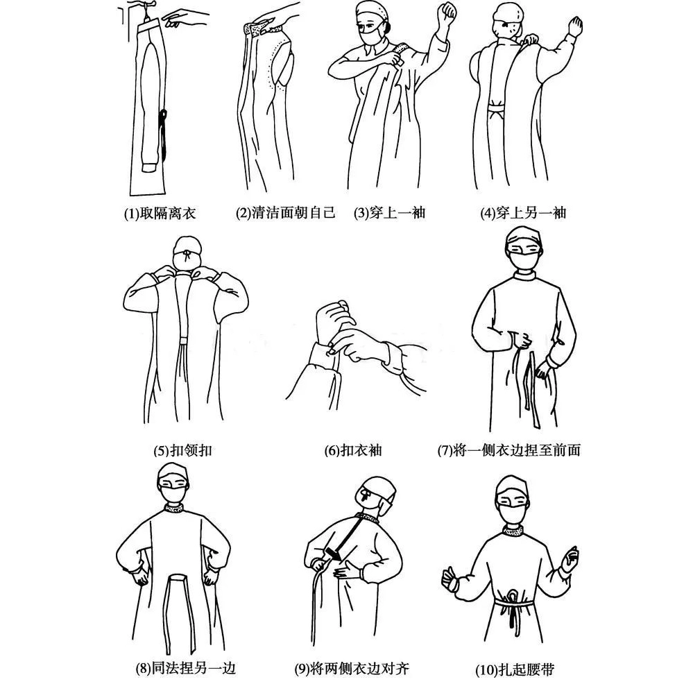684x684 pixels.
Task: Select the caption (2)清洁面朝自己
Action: [285, 213]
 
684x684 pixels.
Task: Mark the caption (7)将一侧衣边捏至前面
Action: [508, 450]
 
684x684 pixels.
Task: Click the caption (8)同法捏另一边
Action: [185, 669]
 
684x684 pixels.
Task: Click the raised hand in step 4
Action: [574, 28]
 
